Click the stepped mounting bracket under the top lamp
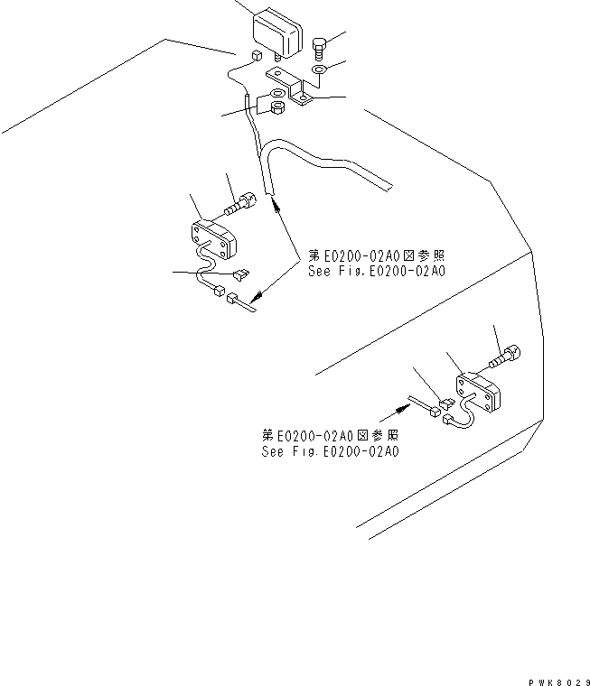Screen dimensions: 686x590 (295, 88)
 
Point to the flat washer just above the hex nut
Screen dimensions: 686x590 (276, 95)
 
